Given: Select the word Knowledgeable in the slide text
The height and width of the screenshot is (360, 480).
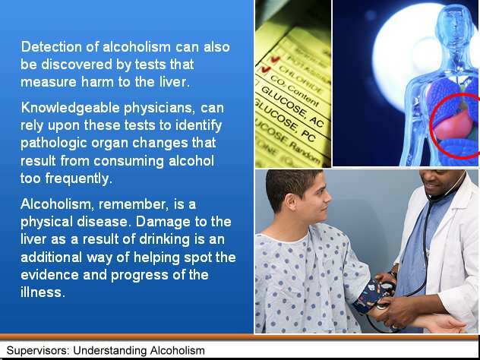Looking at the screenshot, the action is tap(70, 108).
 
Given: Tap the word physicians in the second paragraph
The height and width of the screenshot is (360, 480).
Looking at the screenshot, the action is tap(159, 109).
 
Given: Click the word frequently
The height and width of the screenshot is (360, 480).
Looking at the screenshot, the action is tap(78, 178).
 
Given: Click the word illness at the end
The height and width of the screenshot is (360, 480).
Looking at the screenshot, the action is tap(43, 292).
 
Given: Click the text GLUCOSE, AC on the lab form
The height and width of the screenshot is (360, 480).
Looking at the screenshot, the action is tap(292, 106).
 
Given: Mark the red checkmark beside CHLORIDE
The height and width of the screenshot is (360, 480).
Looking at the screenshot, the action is tap(265, 69).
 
